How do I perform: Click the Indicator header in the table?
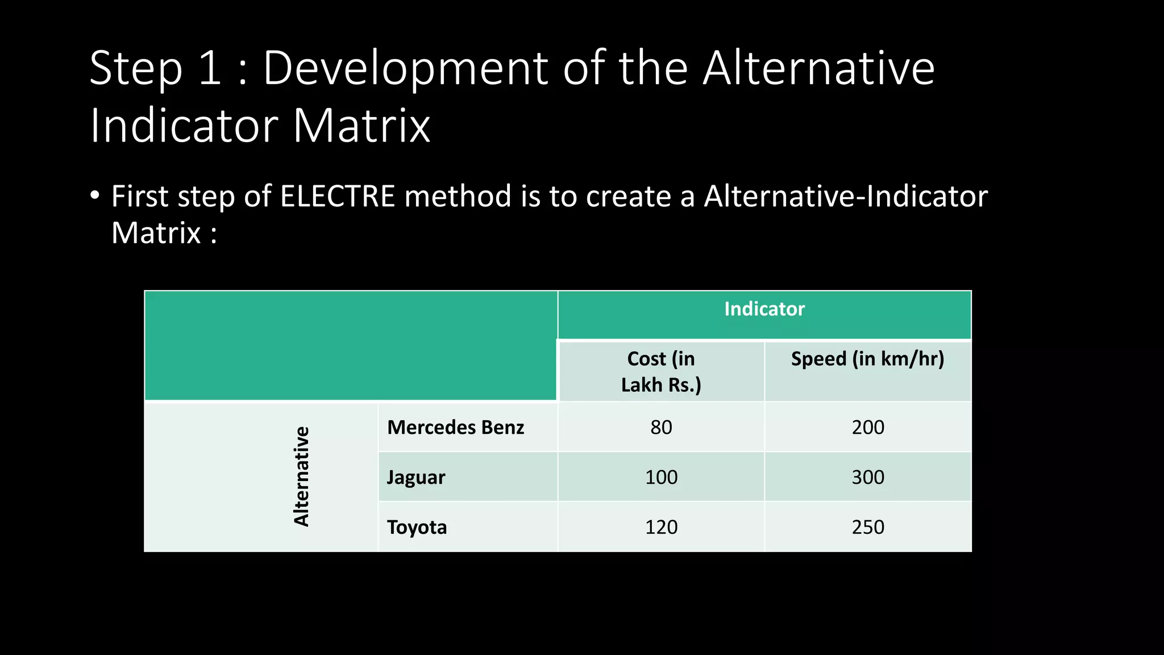764,309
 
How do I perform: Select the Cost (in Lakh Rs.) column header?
661,372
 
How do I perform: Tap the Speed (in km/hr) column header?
867,359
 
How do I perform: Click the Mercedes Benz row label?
455,427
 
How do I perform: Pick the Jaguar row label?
416,477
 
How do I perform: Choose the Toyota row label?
417,527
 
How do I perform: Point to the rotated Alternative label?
301,476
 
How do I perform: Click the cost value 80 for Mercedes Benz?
661,427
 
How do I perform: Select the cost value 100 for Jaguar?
661,477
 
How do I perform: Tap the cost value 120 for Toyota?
661,527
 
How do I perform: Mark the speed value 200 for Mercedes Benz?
868,427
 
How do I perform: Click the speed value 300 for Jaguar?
868,477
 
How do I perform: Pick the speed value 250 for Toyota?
868,527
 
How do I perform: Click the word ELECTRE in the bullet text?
338,196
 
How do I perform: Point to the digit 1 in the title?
210,68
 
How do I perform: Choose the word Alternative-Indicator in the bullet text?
846,196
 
